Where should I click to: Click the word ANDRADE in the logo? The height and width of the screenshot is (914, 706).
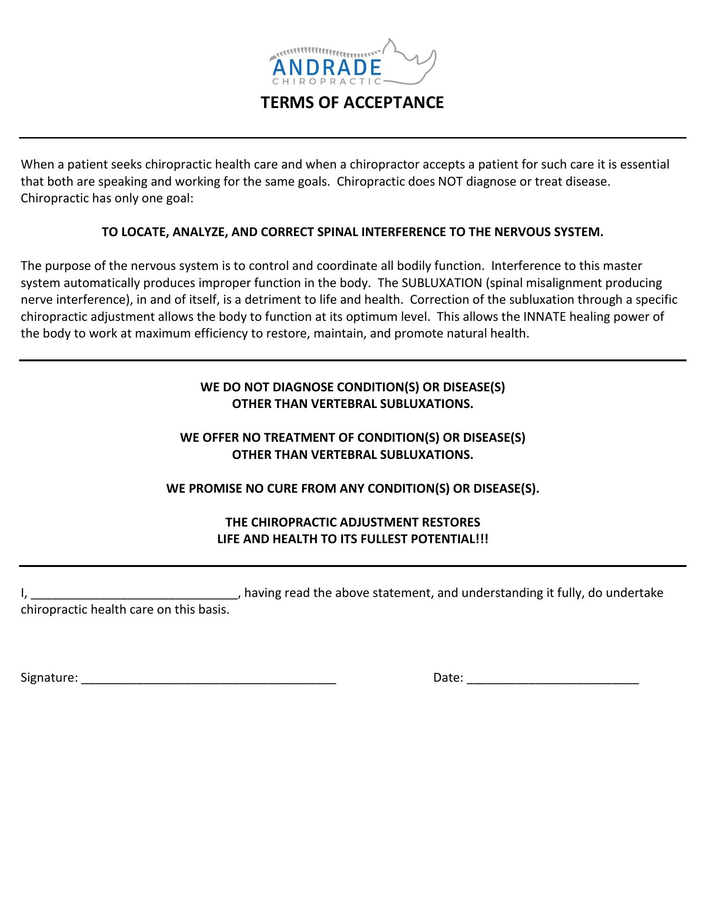click(x=327, y=68)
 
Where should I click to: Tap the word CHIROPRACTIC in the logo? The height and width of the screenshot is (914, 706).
click(x=327, y=82)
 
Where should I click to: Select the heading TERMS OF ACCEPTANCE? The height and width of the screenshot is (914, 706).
click(x=352, y=102)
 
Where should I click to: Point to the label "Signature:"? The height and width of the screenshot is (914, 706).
click(x=49, y=678)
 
